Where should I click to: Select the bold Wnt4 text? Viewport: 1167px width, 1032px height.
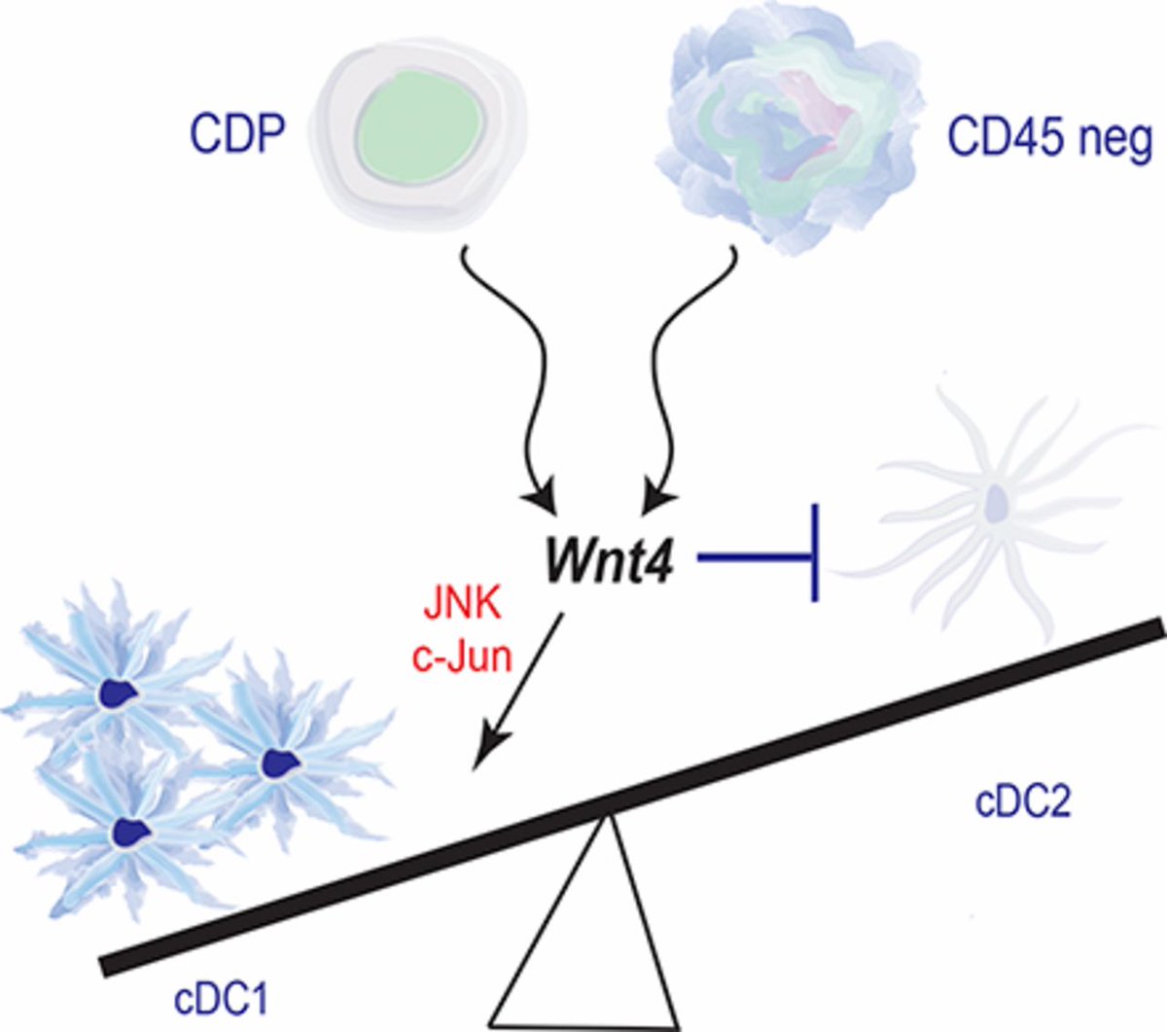click(609, 561)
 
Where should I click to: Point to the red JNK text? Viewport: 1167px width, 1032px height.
click(462, 605)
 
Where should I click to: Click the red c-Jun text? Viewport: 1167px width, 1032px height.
click(462, 657)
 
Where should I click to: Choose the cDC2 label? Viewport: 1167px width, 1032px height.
click(1022, 802)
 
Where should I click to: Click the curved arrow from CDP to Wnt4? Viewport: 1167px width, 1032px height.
click(506, 370)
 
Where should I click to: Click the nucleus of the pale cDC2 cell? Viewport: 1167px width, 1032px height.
click(998, 502)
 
